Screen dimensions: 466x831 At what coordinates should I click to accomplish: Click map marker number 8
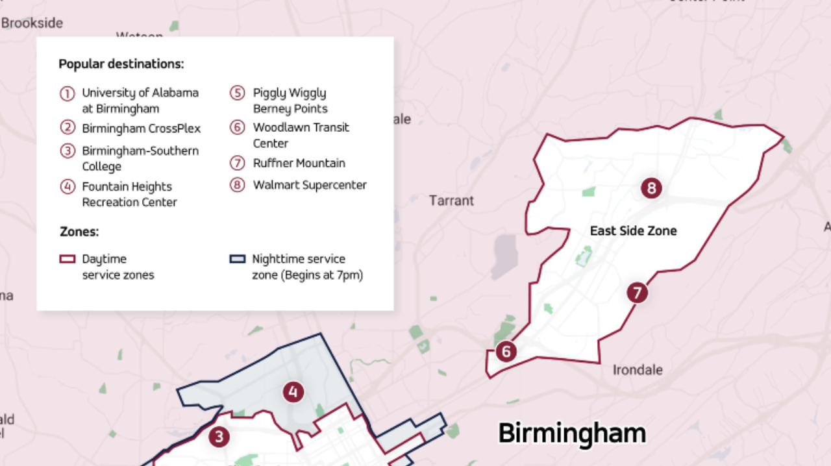click(651, 189)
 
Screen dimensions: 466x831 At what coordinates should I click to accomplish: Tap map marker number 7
click(638, 293)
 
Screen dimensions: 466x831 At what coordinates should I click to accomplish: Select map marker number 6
click(506, 352)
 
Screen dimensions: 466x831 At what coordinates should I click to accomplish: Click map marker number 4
click(293, 392)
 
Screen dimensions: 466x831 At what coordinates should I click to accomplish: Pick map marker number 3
click(219, 437)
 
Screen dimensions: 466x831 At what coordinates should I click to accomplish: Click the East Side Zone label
click(633, 231)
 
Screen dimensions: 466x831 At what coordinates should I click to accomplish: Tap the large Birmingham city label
click(571, 433)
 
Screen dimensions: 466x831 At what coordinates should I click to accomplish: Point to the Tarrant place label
click(451, 201)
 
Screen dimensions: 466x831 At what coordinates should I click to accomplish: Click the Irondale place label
click(638, 370)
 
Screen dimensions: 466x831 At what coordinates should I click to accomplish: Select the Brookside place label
click(32, 23)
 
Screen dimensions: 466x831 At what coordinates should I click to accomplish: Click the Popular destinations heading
click(121, 64)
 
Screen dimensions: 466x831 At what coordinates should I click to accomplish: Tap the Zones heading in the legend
click(79, 232)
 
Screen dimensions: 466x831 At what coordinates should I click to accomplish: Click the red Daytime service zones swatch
click(67, 259)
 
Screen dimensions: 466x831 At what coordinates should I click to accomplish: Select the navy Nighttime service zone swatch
click(238, 259)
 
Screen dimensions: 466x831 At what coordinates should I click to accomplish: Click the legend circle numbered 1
click(67, 93)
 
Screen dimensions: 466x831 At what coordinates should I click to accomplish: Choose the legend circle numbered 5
click(237, 93)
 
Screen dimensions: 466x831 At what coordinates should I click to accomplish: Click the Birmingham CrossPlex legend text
click(141, 129)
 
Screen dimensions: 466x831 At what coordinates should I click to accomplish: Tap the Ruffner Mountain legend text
click(299, 163)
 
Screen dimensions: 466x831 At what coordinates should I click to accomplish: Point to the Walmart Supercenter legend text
click(310, 185)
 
